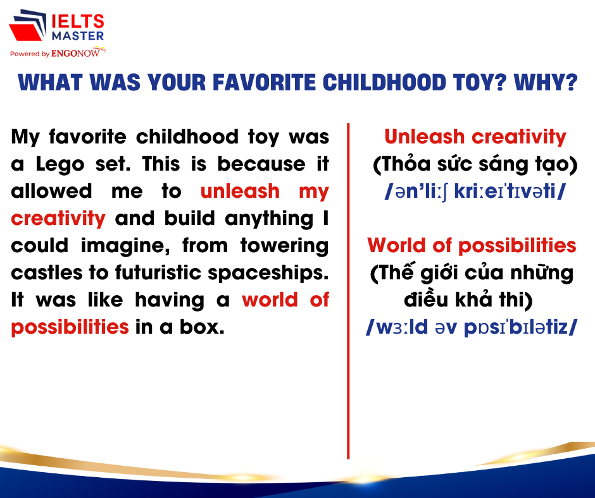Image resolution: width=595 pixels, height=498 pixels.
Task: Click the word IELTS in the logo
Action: coord(78,21)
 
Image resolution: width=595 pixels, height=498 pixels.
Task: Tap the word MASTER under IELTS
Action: coord(78,36)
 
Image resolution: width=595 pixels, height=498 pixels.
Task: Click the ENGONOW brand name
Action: coord(75,54)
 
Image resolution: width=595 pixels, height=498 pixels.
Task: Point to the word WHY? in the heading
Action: coord(546,83)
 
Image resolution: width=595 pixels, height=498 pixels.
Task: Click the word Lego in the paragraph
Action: coord(59,165)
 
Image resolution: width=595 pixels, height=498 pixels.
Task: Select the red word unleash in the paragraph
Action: coord(240,191)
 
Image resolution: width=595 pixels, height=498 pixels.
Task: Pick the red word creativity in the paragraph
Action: coord(58,219)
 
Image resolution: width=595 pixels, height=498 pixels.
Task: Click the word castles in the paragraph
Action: coord(47,272)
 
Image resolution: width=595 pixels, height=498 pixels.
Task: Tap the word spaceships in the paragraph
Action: coord(268,273)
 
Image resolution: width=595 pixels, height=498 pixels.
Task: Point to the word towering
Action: coord(285,246)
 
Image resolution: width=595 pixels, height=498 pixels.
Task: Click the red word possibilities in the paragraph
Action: coord(70,327)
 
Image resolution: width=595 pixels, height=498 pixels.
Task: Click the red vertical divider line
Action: coord(348,291)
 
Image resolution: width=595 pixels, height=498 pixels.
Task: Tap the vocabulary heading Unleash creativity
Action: coord(475,137)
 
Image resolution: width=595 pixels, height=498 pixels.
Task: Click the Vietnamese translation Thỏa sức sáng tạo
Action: coord(475,164)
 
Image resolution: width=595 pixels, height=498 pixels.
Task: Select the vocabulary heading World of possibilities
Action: coord(472,246)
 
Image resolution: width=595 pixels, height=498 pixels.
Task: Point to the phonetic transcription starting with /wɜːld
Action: coord(472,327)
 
